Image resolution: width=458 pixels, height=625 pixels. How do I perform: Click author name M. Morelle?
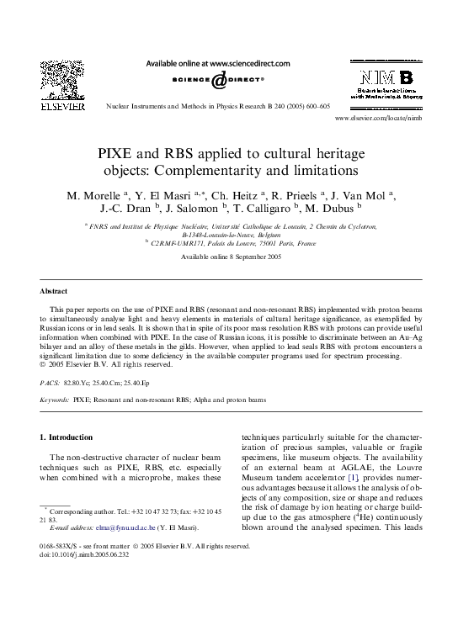pyautogui.click(x=93, y=197)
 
